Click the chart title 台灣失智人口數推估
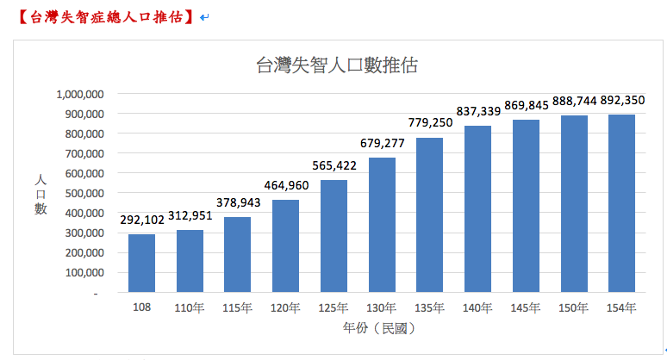(x=337, y=65)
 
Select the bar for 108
(x=141, y=264)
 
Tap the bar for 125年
(x=333, y=236)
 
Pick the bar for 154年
(x=621, y=203)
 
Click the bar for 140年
(x=477, y=209)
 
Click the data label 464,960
(x=285, y=187)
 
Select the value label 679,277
(x=382, y=144)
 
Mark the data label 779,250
(x=429, y=123)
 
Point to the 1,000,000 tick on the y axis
(x=80, y=94)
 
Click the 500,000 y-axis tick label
(x=84, y=193)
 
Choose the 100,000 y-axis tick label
(x=84, y=273)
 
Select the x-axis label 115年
(x=237, y=307)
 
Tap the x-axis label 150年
(x=573, y=307)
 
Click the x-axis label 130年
(x=381, y=307)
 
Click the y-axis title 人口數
(x=41, y=194)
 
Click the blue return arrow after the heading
(x=204, y=16)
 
